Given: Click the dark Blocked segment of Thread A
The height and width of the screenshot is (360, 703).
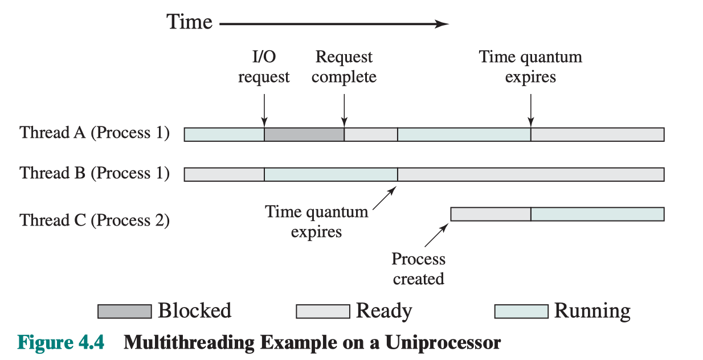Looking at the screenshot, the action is point(304,134).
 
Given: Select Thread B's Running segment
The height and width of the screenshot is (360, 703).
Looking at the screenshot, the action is point(331,174).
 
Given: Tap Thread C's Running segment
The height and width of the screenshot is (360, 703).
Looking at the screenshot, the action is point(598,214).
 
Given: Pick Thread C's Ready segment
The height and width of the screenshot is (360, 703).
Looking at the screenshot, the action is point(491,214).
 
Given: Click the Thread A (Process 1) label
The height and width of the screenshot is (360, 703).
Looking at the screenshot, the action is point(95,133).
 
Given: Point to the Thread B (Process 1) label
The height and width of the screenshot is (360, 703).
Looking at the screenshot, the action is point(95,173).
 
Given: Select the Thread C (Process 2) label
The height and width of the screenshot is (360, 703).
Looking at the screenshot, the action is point(95,220).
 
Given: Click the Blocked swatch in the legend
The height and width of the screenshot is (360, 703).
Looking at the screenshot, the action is point(125,312).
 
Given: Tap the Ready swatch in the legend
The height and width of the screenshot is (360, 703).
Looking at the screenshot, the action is point(323,312).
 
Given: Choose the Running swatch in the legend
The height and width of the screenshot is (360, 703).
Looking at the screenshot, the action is point(521,312).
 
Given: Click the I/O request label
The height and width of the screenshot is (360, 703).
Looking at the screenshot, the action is point(264,67).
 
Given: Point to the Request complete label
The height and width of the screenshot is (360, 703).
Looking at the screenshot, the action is point(344,67).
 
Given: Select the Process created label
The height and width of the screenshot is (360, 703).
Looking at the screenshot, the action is point(418,269).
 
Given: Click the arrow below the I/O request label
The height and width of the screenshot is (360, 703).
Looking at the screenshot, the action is point(264,110).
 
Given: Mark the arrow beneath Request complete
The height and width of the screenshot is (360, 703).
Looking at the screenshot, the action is point(344,110).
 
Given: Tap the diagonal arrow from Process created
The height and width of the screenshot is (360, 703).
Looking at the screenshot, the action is point(436,235).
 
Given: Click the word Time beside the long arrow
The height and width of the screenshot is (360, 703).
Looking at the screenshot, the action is point(189,22).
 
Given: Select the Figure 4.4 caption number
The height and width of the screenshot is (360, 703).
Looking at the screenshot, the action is point(60,342).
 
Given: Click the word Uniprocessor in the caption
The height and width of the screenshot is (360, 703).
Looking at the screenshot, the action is point(443,343).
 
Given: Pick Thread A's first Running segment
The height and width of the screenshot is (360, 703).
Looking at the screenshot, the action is point(224,134).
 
